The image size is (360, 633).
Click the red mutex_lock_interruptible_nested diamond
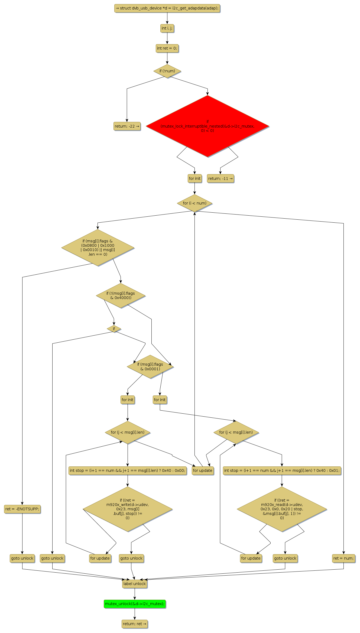207,126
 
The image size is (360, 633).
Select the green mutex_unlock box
135,604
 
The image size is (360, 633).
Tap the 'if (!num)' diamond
167,71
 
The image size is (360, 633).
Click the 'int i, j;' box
167,28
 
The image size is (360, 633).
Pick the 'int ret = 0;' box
167,48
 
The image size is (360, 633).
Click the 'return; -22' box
127,126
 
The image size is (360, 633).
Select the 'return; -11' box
220,178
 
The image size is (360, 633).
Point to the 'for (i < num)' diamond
194,203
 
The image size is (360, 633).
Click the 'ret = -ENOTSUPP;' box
22,509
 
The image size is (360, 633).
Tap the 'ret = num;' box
343,558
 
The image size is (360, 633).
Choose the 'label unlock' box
135,584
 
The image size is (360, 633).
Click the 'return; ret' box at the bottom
135,624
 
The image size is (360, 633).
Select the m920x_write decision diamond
128,509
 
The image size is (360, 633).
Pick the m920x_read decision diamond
282,509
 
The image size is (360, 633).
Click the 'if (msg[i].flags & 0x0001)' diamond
150,367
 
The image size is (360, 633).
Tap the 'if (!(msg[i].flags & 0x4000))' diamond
121,296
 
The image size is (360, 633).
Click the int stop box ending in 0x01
282,470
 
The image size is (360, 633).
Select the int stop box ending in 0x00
128,470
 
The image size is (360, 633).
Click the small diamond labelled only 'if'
114,329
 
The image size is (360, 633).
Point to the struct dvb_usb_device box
167,8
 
